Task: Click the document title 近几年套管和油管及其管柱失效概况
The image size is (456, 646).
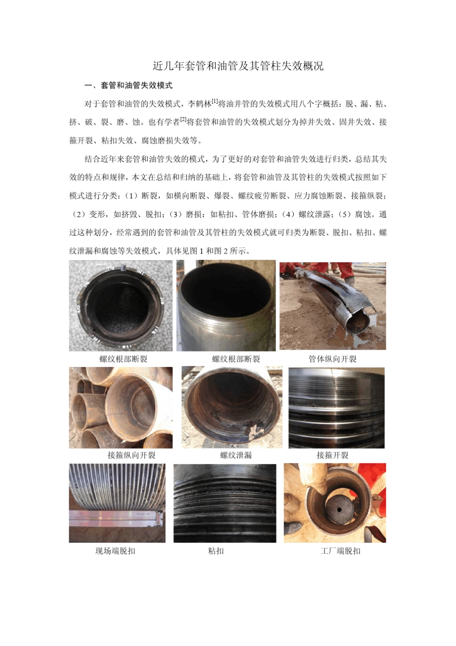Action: [x=238, y=66]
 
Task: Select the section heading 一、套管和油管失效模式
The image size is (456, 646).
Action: [x=128, y=85]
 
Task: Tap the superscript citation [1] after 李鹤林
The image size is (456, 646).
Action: [x=215, y=101]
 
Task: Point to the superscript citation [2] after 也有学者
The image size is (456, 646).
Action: [x=183, y=120]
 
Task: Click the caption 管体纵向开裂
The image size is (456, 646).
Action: [x=332, y=359]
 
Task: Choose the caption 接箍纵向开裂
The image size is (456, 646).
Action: [x=131, y=455]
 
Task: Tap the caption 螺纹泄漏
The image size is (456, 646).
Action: [x=236, y=455]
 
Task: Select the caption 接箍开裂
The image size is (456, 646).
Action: [x=332, y=455]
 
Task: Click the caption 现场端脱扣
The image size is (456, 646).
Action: [x=115, y=551]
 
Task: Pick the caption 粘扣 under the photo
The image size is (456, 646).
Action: [x=216, y=551]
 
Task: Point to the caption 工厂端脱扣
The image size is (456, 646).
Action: [x=340, y=551]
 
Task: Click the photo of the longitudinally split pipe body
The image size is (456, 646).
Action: [x=333, y=305]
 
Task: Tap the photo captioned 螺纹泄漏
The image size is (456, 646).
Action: [x=231, y=407]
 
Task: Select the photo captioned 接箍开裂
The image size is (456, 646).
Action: [x=336, y=407]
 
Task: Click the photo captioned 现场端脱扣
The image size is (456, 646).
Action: [x=117, y=503]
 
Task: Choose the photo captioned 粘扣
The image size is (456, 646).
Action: [x=225, y=503]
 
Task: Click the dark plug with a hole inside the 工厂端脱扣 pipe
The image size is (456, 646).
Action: [x=339, y=510]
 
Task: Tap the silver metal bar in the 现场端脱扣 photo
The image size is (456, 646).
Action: [x=115, y=518]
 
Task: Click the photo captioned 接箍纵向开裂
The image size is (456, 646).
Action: [x=120, y=407]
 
